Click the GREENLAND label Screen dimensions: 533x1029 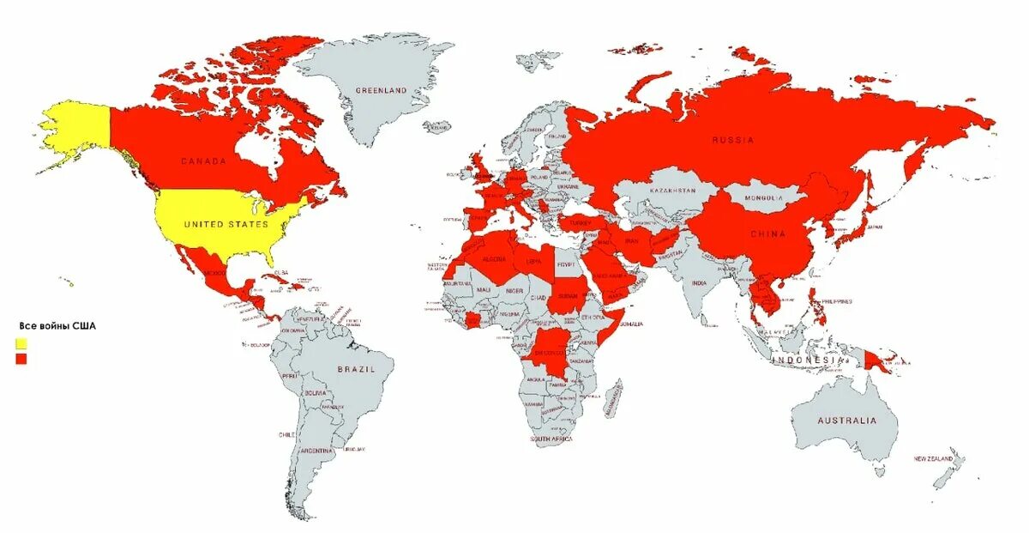[x=382, y=90]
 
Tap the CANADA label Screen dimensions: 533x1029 [x=203, y=161]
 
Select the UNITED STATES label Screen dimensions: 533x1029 [x=226, y=224]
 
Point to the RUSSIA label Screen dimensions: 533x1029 [x=732, y=139]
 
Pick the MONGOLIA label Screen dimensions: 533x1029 [x=765, y=198]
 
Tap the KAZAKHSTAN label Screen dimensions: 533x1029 [x=672, y=190]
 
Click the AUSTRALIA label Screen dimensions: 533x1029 [x=846, y=421]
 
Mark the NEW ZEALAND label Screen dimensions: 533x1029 [x=933, y=460]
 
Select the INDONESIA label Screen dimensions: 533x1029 [x=803, y=360]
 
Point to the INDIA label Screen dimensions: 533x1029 [x=700, y=282]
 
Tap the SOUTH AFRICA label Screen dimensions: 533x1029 [x=551, y=439]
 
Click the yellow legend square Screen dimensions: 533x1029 [x=21, y=343]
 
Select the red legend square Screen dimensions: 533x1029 [x=21, y=359]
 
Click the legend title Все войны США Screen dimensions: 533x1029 [x=57, y=327]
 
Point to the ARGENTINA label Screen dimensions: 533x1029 [x=316, y=451]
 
